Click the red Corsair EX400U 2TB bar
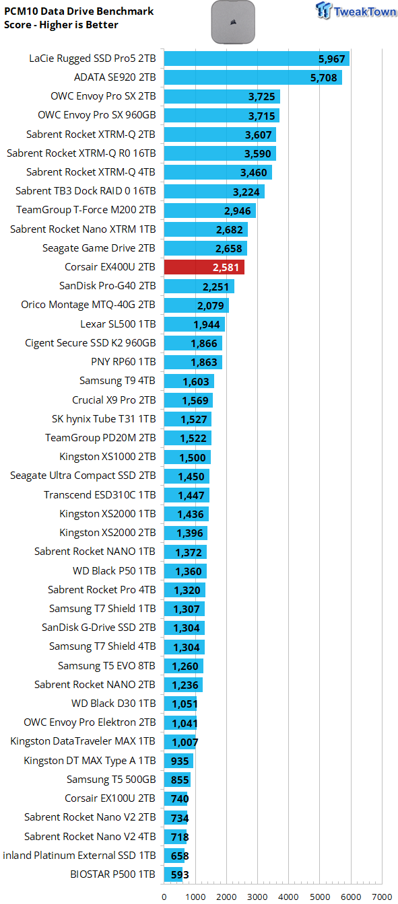pyautogui.click(x=204, y=267)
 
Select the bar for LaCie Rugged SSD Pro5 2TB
pyautogui.click(x=257, y=58)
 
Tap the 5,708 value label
pyautogui.click(x=323, y=77)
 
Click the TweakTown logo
pyautogui.click(x=356, y=11)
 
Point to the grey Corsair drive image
pyautogui.click(x=233, y=22)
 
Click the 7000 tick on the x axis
pyautogui.click(x=382, y=897)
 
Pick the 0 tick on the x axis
pyautogui.click(x=164, y=897)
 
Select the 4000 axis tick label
pyautogui.click(x=288, y=897)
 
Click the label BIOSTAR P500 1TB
pyautogui.click(x=112, y=874)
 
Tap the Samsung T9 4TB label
pyautogui.click(x=117, y=381)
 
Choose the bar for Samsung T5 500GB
pyautogui.click(x=177, y=780)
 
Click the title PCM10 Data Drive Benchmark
pyautogui.click(x=79, y=11)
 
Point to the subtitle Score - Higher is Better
pyautogui.click(x=61, y=25)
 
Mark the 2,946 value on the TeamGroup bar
pyautogui.click(x=238, y=211)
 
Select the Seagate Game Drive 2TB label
pyautogui.click(x=99, y=248)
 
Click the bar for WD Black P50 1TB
pyautogui.click(x=185, y=571)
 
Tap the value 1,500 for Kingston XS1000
pyautogui.click(x=193, y=457)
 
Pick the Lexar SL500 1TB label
pyautogui.click(x=118, y=324)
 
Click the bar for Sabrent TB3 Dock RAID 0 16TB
pyautogui.click(x=214, y=191)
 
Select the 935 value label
pyautogui.click(x=180, y=761)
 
